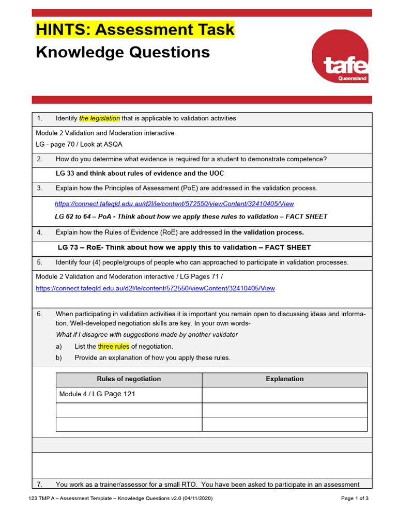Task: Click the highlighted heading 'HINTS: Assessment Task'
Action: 135,29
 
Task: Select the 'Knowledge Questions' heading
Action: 123,52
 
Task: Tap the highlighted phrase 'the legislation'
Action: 99,118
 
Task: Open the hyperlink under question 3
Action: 174,204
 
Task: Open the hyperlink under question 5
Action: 155,288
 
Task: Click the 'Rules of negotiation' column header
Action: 129,379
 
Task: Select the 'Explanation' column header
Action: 284,379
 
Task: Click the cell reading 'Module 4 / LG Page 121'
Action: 98,394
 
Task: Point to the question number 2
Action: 39,159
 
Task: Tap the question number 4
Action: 39,232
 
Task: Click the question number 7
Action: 39,485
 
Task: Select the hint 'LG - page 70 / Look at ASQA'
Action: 79,144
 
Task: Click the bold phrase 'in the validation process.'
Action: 264,232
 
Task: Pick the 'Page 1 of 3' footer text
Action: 355,499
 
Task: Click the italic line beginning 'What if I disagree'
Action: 147,334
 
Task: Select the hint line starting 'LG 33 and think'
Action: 140,174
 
